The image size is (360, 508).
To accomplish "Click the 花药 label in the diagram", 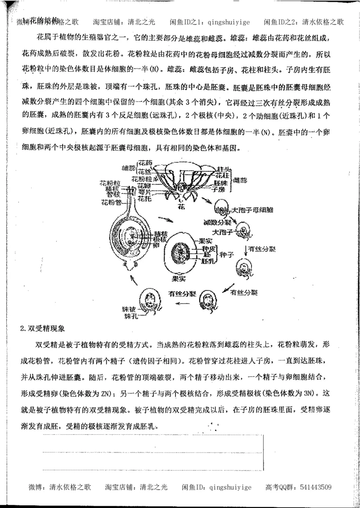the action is [x=145, y=163].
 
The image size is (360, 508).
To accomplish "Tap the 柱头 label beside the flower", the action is [x=223, y=168].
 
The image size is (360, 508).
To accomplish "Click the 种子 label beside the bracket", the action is [x=226, y=254].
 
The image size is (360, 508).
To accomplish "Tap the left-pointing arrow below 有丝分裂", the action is [x=185, y=303].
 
